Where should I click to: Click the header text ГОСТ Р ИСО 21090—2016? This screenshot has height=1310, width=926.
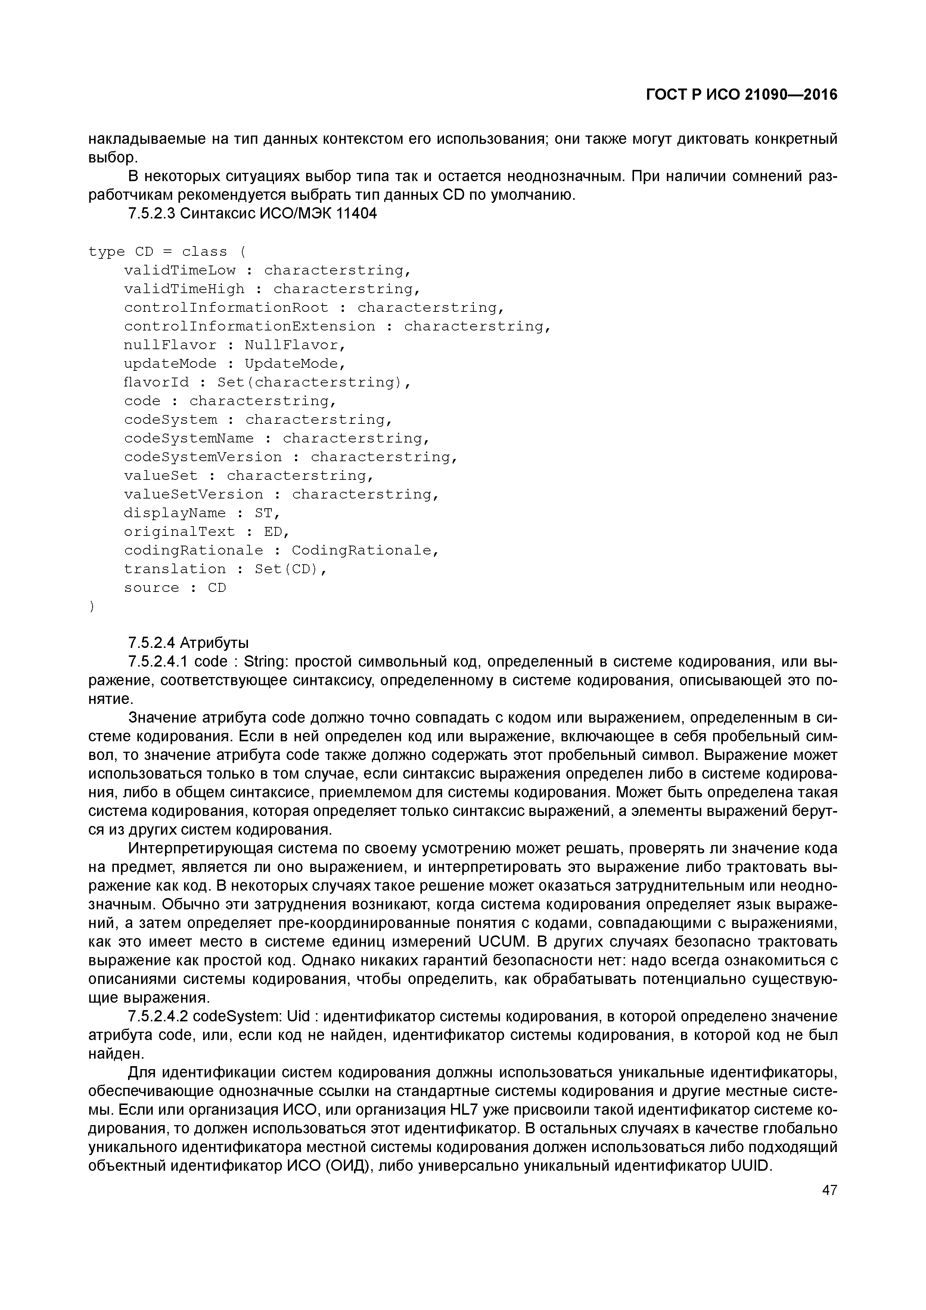(x=742, y=95)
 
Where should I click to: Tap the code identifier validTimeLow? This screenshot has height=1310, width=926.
(x=180, y=270)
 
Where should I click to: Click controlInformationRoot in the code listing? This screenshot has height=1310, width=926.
(x=227, y=308)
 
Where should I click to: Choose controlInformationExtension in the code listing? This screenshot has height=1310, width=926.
(x=250, y=326)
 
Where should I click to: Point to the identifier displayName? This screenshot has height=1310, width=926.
(x=175, y=513)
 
